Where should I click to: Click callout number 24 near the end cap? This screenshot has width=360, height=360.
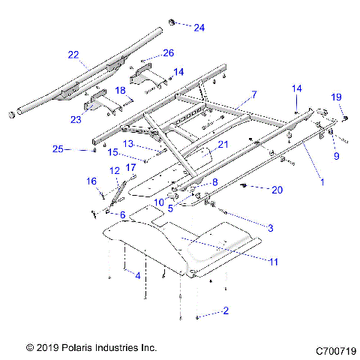click(199, 28)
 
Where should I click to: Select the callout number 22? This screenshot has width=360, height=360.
click(73, 55)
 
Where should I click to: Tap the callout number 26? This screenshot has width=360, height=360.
click(168, 53)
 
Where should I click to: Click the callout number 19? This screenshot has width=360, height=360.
click(337, 96)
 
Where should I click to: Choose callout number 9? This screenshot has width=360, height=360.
click(337, 156)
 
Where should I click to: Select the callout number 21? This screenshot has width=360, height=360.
click(222, 145)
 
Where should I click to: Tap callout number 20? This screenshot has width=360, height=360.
click(277, 190)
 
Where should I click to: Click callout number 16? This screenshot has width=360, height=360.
click(92, 181)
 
